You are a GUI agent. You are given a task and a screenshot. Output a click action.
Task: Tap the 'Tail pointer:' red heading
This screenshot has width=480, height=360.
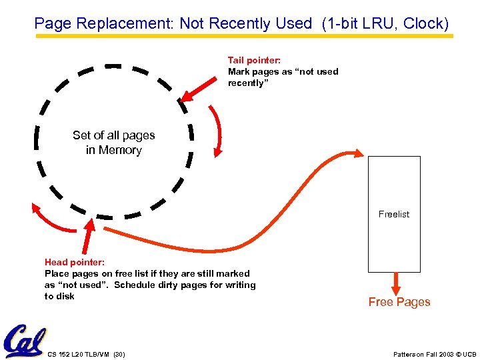point(253,60)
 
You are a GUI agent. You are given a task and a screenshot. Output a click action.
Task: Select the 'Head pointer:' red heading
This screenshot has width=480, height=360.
point(74,262)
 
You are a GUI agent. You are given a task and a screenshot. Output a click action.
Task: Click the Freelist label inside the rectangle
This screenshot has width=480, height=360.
point(394,214)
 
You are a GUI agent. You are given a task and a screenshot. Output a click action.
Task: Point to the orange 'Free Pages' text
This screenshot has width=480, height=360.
point(399,302)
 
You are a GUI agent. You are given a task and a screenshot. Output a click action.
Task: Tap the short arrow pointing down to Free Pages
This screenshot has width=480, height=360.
point(395,282)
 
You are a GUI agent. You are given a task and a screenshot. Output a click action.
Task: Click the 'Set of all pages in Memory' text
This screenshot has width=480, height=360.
point(114,143)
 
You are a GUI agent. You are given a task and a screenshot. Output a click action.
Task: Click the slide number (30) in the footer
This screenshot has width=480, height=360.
point(119,353)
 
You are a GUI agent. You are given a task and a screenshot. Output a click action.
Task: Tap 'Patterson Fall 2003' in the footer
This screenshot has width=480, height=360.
point(421,353)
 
